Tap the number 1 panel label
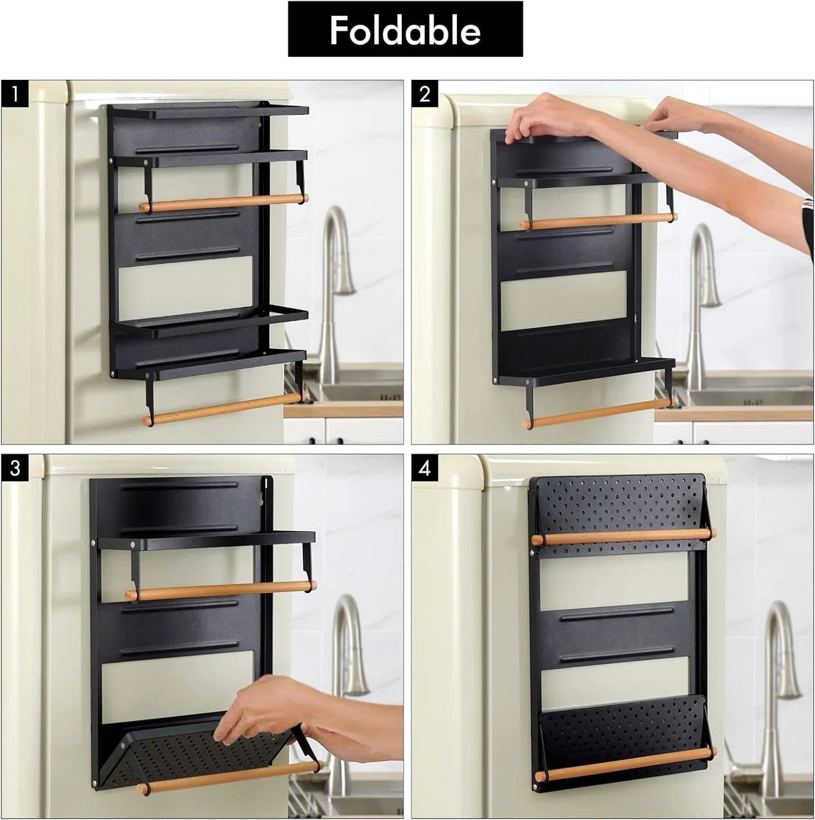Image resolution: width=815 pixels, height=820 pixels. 15,94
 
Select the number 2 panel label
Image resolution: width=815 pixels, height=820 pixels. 424,94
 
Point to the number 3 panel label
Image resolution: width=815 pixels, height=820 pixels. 15,468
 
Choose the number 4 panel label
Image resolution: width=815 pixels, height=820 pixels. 424,468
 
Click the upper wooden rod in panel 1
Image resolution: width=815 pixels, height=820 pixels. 224,202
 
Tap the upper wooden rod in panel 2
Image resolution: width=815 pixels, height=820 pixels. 598,221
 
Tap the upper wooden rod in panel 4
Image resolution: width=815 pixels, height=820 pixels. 624,538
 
